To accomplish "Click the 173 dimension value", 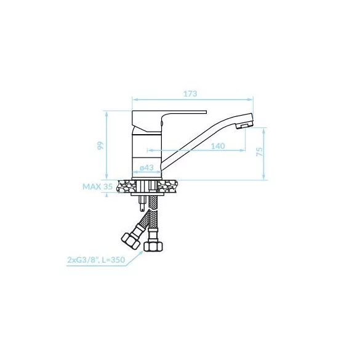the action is click(190, 94).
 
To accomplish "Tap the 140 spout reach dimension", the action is click(218, 146).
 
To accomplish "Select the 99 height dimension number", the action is click(100, 146).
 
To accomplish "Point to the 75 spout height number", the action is click(259, 152).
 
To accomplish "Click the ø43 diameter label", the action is click(146, 167).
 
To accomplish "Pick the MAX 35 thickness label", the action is click(98, 186).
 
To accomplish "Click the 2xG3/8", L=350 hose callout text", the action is click(96, 260).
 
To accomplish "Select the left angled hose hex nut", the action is click(130, 240).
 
